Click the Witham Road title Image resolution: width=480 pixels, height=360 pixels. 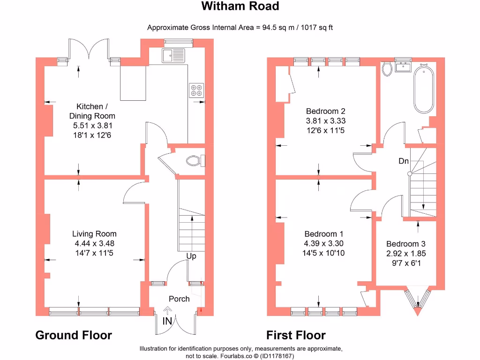(240, 6)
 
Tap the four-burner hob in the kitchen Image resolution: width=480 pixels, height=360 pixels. (196, 90)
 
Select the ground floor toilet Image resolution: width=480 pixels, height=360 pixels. (194, 161)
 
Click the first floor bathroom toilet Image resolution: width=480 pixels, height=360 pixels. (387, 69)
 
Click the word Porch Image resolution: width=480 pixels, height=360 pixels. (179, 299)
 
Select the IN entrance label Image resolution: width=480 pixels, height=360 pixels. (167, 321)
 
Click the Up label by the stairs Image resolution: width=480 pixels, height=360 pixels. (191, 256)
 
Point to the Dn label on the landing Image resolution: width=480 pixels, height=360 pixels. (404, 161)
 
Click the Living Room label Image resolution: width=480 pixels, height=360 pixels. (94, 234)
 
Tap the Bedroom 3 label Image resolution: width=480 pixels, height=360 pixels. (406, 244)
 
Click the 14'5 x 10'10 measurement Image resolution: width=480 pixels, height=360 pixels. (324, 253)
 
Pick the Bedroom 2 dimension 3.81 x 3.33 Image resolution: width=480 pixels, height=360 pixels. (325, 120)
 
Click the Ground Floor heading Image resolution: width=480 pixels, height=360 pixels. (74, 335)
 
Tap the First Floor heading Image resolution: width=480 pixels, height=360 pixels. (296, 335)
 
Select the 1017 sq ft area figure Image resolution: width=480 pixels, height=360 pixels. (314, 28)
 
